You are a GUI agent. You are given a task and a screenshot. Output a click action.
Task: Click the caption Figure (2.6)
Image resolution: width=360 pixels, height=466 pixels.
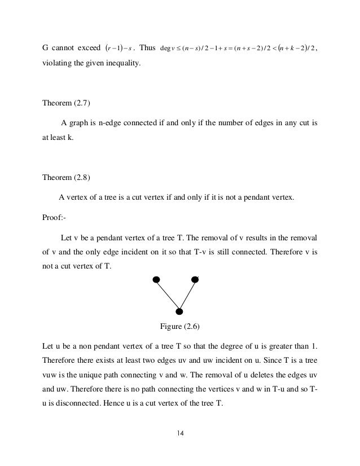(180, 326)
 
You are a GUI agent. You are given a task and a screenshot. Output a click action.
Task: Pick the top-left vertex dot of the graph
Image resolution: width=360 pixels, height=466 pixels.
(156, 279)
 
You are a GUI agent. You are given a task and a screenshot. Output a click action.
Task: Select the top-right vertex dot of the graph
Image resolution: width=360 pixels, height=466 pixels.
(195, 279)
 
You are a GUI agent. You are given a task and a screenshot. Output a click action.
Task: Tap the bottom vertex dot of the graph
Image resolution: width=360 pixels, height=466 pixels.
(179, 311)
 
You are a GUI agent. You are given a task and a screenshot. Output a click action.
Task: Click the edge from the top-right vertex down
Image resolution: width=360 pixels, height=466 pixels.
(187, 294)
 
